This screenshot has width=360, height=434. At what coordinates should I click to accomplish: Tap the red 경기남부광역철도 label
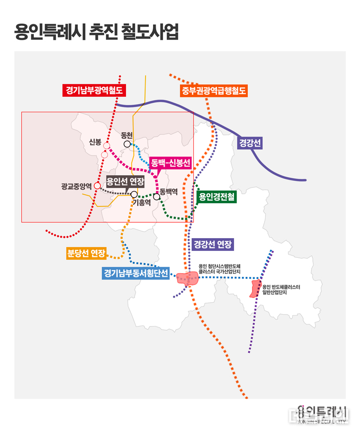[93, 91]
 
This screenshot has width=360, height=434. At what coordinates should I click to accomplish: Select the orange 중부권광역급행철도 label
[214, 91]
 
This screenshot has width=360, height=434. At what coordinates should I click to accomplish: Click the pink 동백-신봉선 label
[170, 163]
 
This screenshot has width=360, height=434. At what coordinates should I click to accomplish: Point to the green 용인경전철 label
[217, 197]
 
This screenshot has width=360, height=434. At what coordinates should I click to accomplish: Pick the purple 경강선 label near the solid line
[249, 143]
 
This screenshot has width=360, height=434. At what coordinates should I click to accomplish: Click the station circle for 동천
[127, 144]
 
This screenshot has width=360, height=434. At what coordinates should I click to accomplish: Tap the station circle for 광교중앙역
[97, 185]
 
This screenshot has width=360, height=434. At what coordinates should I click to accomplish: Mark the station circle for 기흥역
[134, 195]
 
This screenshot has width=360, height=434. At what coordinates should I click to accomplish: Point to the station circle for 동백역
[157, 197]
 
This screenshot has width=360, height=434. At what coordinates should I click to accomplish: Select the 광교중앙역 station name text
[76, 186]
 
